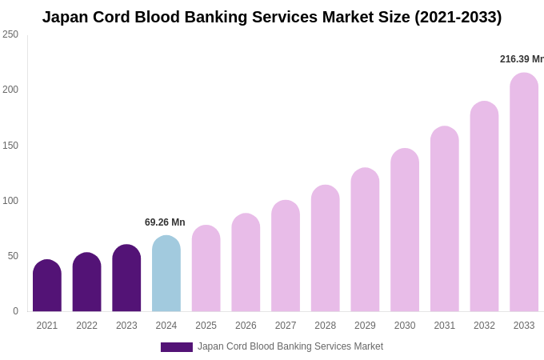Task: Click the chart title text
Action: [x=272, y=17]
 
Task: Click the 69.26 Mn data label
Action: [x=165, y=222]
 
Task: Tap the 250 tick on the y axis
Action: [x=10, y=34]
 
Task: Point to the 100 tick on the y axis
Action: [x=10, y=201]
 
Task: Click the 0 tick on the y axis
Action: [x=15, y=311]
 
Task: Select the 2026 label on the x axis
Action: [x=246, y=326]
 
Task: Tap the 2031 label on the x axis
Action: [x=445, y=326]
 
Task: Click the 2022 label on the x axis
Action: [x=86, y=326]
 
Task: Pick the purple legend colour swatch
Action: [x=176, y=347]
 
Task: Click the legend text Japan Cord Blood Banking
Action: [x=290, y=346]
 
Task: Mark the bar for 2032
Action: [x=484, y=207]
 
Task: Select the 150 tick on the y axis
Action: [x=10, y=146]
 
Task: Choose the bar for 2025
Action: [x=206, y=269]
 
